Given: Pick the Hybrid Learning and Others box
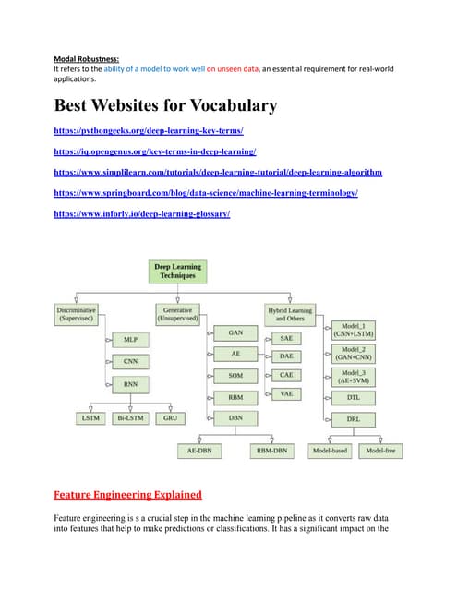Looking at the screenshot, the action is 288,314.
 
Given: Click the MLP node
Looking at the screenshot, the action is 130,340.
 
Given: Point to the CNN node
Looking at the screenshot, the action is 130,362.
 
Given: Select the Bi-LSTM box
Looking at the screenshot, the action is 129,417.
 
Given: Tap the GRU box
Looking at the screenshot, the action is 170,417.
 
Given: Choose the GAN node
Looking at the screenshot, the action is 235,332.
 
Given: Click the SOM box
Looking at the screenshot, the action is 235,376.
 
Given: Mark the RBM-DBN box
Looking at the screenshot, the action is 273,451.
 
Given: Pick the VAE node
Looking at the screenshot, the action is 287,393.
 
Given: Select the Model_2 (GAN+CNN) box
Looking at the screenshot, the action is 354,354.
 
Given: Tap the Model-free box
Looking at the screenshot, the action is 379,451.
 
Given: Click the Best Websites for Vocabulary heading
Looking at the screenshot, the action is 166,105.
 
